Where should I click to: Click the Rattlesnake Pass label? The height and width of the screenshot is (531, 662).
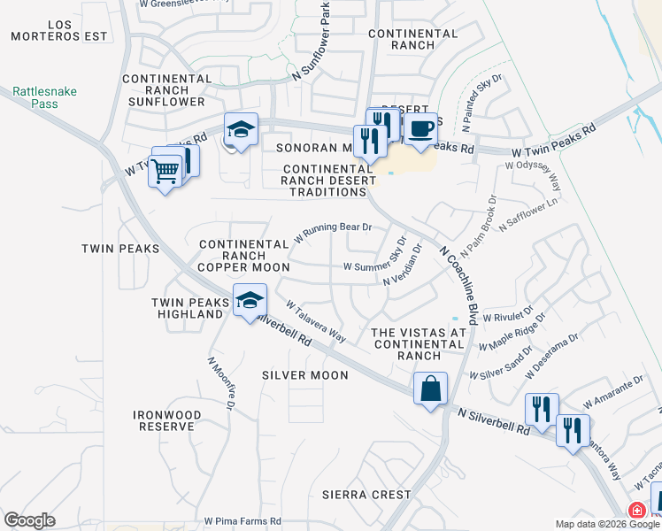[35, 96]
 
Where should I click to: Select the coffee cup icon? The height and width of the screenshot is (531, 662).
[421, 128]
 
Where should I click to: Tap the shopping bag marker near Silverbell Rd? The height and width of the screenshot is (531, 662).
[430, 389]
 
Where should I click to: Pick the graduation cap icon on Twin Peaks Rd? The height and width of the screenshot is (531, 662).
[241, 130]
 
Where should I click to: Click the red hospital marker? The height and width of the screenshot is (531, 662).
[636, 511]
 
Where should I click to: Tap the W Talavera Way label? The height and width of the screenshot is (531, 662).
[315, 319]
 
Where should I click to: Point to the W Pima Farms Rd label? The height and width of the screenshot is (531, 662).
[242, 521]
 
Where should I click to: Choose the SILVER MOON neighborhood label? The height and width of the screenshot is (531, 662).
[305, 375]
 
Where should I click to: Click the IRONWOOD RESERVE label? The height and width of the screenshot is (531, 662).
[166, 420]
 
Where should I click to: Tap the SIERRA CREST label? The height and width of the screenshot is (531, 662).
[366, 494]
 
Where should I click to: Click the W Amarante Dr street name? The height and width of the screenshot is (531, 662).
[613, 394]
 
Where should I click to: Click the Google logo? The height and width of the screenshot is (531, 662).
[29, 520]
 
